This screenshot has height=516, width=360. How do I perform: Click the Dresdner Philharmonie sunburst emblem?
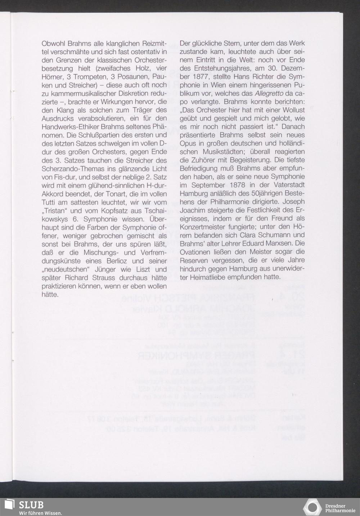pyautogui.click(x=312, y=507)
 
